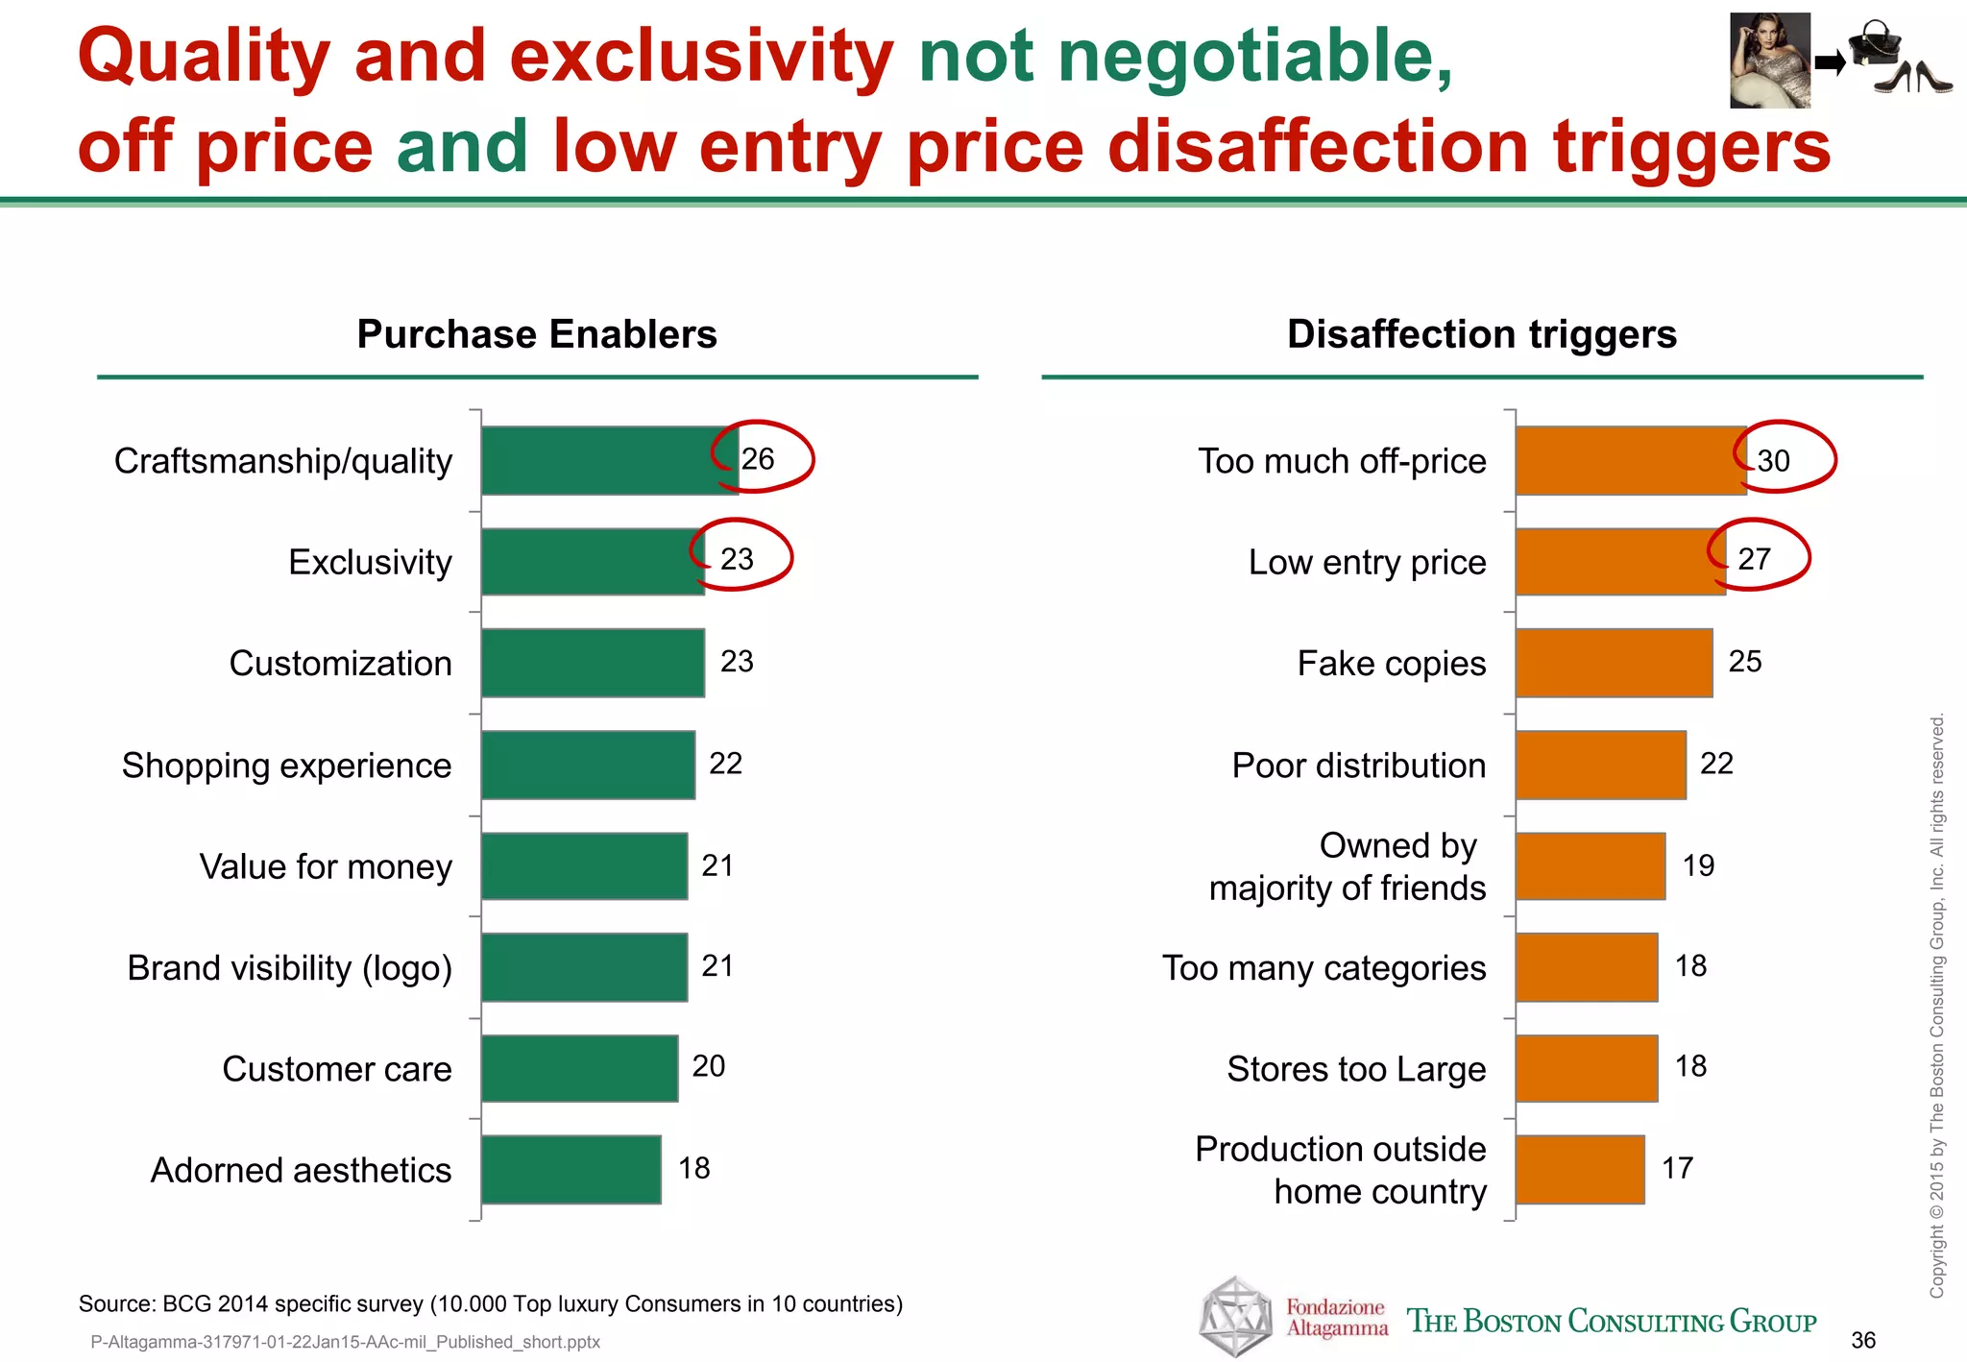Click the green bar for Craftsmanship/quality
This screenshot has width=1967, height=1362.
tap(609, 461)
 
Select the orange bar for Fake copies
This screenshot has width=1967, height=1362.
tap(1614, 663)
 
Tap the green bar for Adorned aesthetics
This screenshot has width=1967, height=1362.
tap(571, 1169)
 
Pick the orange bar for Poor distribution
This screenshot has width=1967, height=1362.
tap(1600, 765)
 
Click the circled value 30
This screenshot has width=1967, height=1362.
tap(1774, 461)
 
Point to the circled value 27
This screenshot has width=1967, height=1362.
tap(1754, 559)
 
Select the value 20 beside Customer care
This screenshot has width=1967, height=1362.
tap(709, 1066)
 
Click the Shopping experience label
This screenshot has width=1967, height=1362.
tap(286, 766)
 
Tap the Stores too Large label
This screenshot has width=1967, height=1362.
tap(1356, 1069)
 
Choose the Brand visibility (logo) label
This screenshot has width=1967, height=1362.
tap(289, 968)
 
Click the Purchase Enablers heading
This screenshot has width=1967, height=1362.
tap(537, 334)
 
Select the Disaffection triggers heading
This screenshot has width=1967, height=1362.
tap(1481, 334)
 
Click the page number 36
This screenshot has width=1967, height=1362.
tap(1862, 1340)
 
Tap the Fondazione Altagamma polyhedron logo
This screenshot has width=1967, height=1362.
tap(1236, 1316)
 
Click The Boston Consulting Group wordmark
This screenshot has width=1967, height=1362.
tap(1611, 1322)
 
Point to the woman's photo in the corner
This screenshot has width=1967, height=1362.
tap(1769, 60)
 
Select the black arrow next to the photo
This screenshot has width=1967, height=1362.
tap(1830, 64)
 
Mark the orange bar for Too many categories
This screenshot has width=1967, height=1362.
tap(1587, 967)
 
